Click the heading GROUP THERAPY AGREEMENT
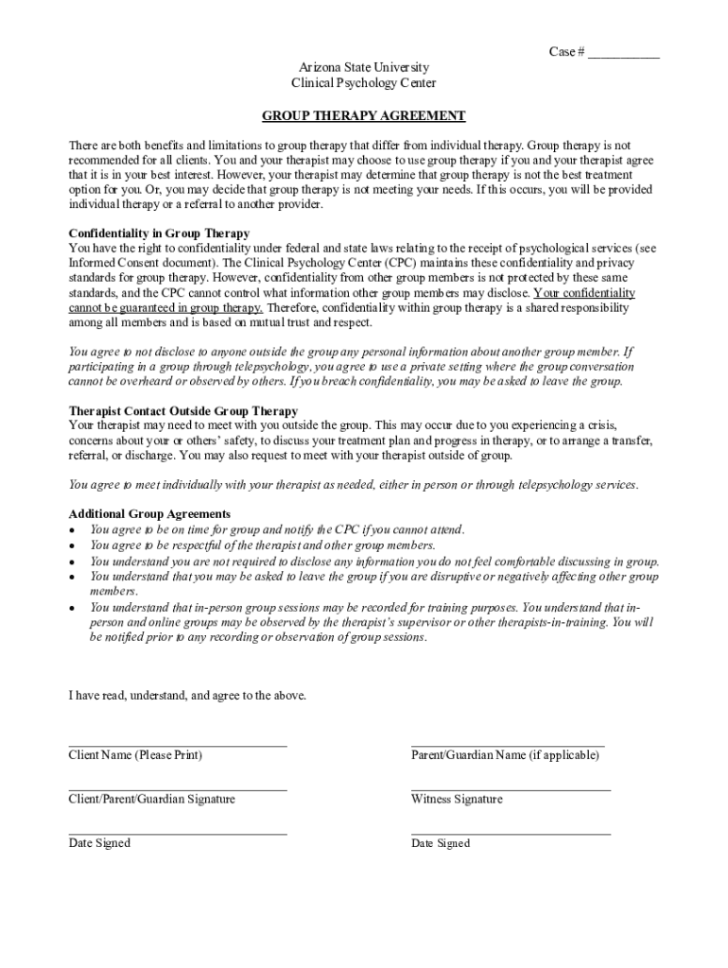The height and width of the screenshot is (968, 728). click(364, 116)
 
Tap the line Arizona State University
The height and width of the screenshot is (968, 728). click(364, 68)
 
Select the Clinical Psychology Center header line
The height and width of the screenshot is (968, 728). click(364, 83)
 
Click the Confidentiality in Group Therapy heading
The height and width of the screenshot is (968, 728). click(159, 233)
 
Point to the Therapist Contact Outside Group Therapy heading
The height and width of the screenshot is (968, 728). click(183, 411)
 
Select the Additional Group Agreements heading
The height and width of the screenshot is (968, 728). click(149, 514)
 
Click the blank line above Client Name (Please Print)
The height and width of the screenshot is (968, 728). click(178, 746)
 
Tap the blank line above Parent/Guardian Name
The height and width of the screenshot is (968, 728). click(508, 746)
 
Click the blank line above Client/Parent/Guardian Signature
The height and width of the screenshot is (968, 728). click(178, 789)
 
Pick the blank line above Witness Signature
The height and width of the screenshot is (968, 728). click(511, 789)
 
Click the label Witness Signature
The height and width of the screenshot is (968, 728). click(457, 800)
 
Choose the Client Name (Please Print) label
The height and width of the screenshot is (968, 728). click(135, 755)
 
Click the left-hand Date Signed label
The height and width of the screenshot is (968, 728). click(99, 843)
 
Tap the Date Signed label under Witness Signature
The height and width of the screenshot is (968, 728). click(441, 843)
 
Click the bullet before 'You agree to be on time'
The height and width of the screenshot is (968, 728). click(73, 530)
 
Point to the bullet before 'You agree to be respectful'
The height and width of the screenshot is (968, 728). click(73, 545)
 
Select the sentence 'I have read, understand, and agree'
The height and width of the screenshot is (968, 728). click(187, 696)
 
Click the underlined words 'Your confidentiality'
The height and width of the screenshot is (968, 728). click(584, 293)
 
